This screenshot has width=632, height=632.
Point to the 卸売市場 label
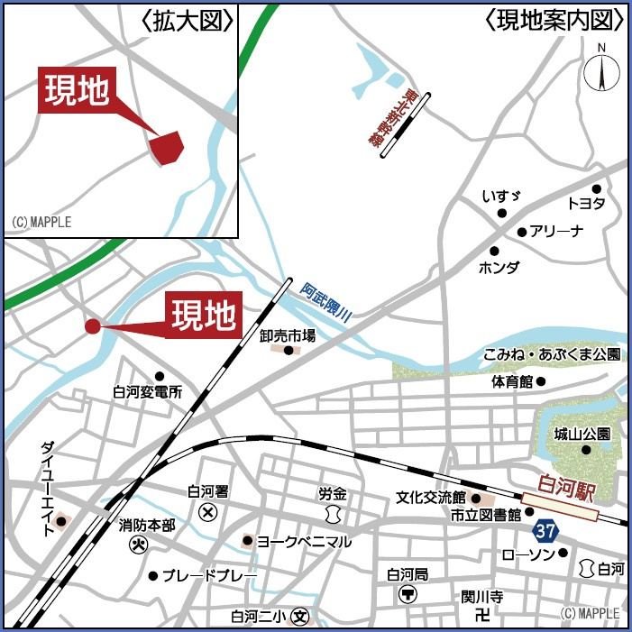click(288, 335)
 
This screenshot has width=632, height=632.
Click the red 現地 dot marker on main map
click(92, 326)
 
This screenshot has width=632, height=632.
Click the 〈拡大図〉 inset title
click(188, 19)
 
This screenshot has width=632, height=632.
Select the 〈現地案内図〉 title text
click(554, 19)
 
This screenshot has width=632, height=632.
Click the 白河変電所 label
click(148, 392)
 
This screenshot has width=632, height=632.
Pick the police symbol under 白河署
click(208, 512)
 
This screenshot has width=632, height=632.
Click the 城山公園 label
click(582, 434)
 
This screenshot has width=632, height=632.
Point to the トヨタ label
click(586, 203)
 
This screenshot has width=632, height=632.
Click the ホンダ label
click(499, 267)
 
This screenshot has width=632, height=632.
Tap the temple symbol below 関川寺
click(482, 615)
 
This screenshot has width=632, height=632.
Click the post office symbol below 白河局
click(408, 594)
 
